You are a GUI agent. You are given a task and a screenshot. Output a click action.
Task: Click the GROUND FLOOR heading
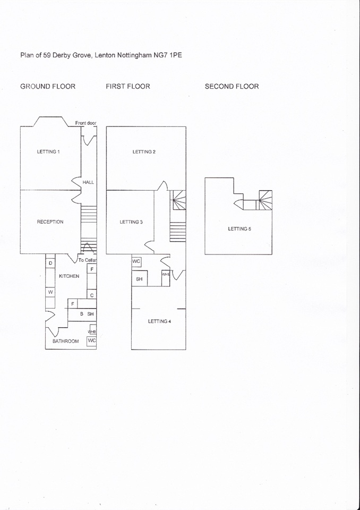[48, 86]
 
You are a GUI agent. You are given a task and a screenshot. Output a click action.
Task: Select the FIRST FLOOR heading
[128, 86]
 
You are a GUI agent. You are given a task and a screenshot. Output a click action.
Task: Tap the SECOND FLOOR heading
[232, 86]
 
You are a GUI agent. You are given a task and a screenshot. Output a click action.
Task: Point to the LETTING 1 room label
[48, 152]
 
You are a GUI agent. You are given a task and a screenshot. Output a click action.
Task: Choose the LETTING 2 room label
[144, 152]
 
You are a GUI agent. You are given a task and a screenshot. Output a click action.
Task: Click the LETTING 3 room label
[131, 222]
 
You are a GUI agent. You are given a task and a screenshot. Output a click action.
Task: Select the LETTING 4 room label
[159, 321]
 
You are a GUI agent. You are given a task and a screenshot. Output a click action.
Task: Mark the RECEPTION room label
[50, 222]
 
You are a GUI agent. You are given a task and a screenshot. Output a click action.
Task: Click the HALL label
[88, 182]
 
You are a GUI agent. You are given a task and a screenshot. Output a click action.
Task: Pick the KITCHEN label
[69, 276]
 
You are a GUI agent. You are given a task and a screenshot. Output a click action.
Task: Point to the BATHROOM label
[65, 341]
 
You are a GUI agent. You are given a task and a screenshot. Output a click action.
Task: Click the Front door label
[85, 123]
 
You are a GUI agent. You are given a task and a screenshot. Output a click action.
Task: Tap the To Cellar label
[87, 260]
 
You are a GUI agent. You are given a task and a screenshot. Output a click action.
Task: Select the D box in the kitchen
[50, 263]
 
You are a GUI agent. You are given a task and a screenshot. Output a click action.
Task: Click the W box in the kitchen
[50, 292]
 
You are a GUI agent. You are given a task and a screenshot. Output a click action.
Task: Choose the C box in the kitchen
[91, 295]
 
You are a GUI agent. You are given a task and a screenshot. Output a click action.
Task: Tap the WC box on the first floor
[136, 262]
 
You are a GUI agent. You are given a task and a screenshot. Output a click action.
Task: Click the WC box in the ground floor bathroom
[91, 341]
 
